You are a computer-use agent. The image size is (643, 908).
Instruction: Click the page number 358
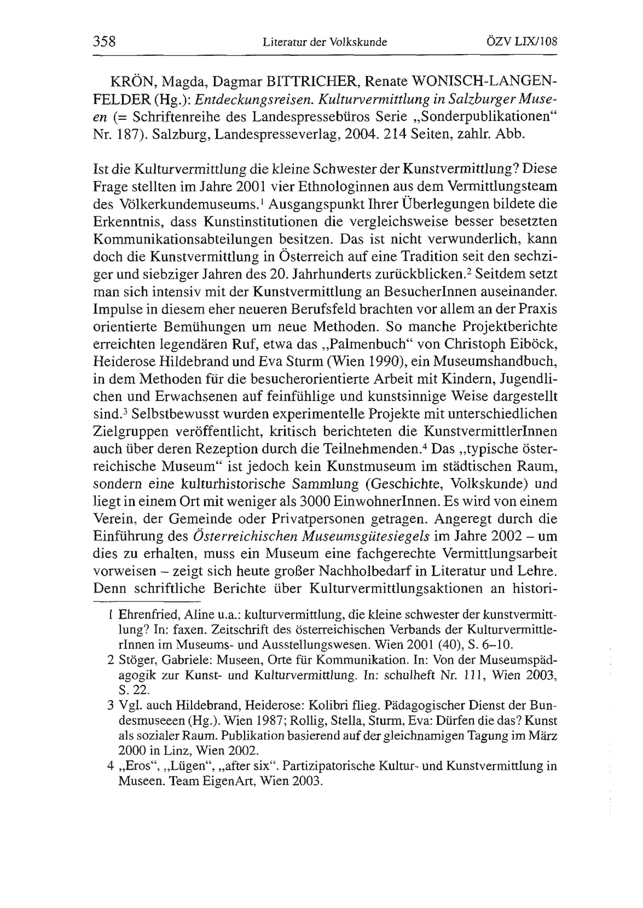(104, 41)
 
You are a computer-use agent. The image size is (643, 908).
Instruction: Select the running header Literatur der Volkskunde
(325, 42)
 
